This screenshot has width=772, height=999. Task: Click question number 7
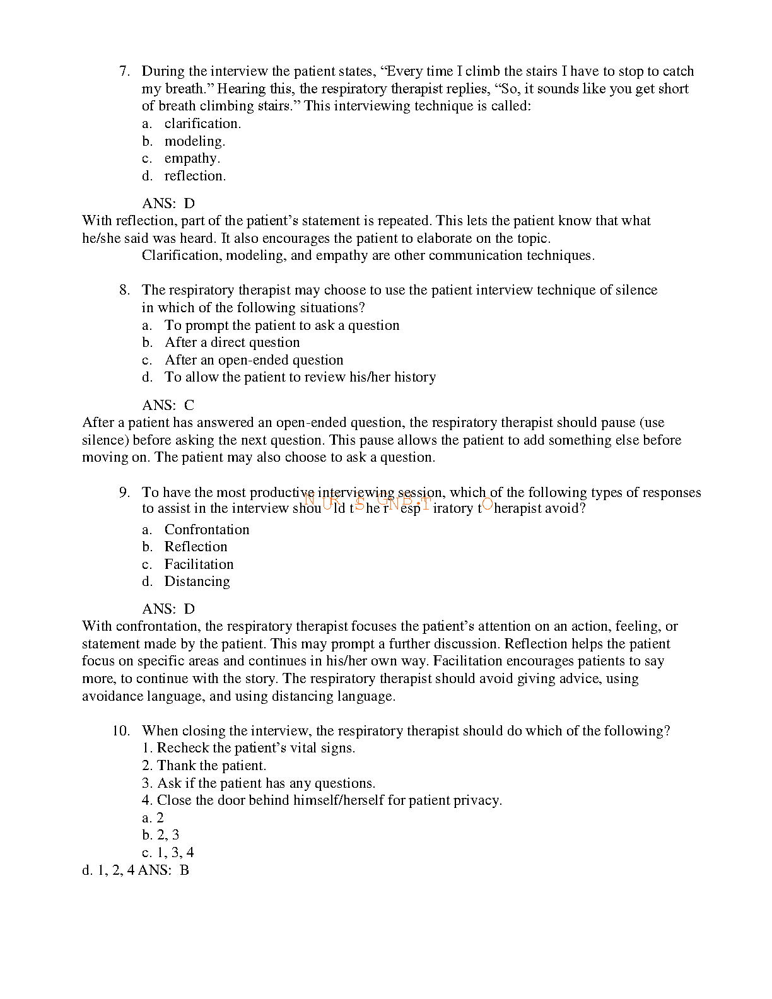124,71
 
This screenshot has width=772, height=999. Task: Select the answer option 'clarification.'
202,124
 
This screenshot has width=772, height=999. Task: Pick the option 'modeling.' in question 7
194,141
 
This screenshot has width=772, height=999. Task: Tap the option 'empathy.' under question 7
192,158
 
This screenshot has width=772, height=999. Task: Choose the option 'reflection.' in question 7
194,176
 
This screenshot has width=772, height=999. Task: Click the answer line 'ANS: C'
168,405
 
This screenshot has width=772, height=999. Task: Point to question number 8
124,290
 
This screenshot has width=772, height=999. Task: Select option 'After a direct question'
231,342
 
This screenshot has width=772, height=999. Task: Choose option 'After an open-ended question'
254,360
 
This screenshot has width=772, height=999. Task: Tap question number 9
124,493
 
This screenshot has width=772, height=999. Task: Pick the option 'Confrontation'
206,530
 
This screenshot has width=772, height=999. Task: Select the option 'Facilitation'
199,564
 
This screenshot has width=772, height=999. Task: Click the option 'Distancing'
197,581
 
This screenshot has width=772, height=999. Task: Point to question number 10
121,731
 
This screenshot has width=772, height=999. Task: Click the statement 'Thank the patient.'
211,766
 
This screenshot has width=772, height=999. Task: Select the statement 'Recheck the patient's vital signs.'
255,748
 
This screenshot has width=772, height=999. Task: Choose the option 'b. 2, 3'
161,835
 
